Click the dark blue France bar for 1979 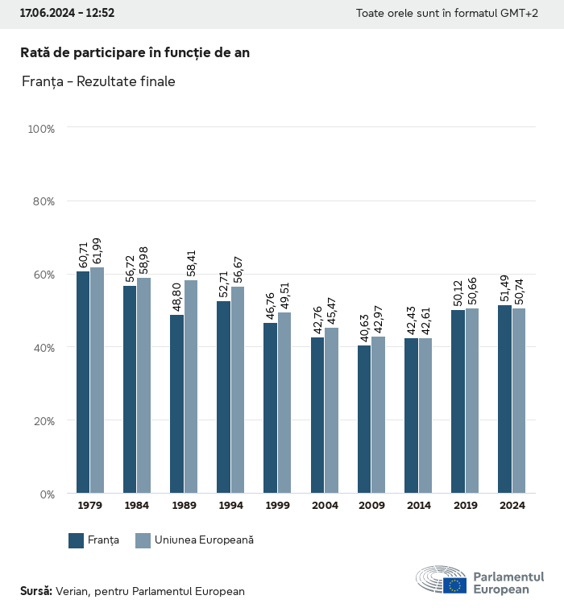tap(83, 382)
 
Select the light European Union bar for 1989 tap(191, 387)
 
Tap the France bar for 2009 tap(364, 419)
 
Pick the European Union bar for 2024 tap(518, 401)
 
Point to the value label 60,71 tap(83, 252)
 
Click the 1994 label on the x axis tap(230, 506)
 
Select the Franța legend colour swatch tap(77, 540)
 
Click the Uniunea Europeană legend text tap(204, 540)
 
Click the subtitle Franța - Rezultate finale tap(97, 81)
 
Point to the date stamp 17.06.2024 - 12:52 tap(67, 14)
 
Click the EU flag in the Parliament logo tap(454, 585)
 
